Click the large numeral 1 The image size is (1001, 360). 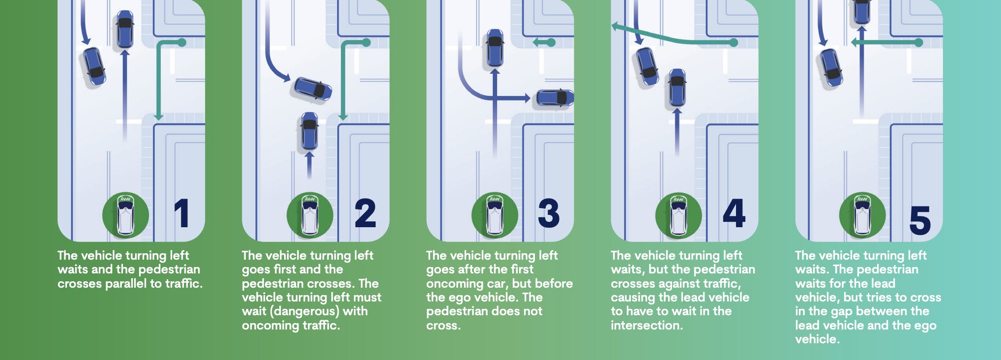tap(182, 213)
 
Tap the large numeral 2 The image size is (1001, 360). tap(365, 213)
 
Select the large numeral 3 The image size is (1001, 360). tap(549, 213)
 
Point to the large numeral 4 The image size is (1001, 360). tap(734, 213)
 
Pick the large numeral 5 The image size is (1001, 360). tap(920, 220)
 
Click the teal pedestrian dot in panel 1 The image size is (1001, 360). tap(181, 43)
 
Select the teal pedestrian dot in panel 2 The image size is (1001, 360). tap(366, 43)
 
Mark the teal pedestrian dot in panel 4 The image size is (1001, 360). tap(734, 43)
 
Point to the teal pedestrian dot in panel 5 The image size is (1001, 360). tap(918, 43)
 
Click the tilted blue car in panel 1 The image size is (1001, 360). tap(94, 66)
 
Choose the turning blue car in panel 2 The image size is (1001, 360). tap(313, 89)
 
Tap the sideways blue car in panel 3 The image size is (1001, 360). tap(555, 98)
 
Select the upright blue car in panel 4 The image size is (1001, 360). tap(677, 88)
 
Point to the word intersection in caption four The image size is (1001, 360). tap(647, 325)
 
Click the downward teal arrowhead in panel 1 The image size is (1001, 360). tap(158, 117)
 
